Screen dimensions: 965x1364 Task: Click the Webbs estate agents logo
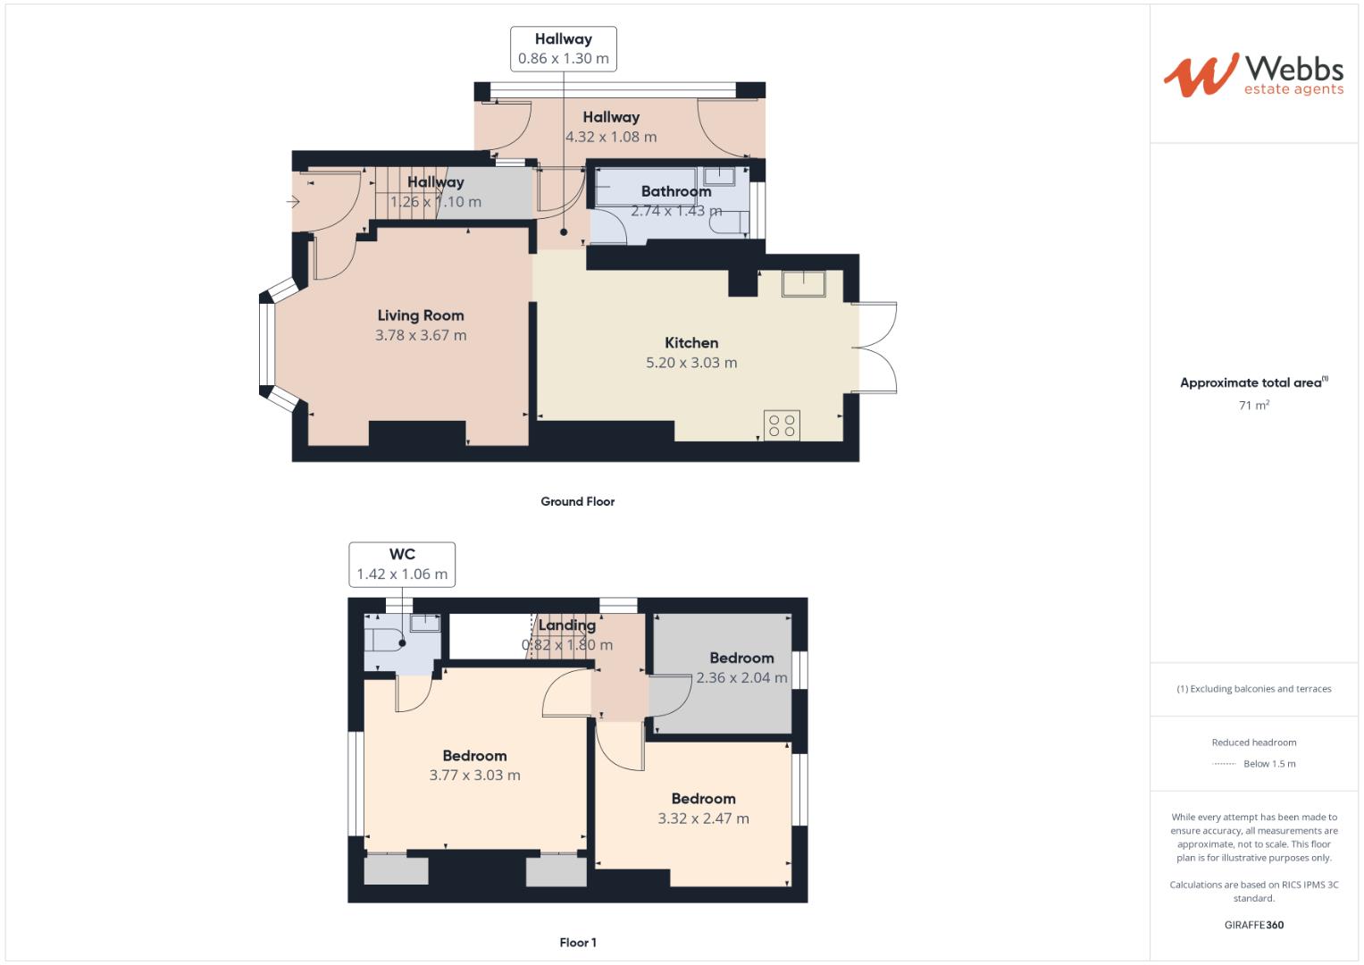click(x=1253, y=75)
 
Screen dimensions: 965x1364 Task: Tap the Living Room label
click(x=421, y=315)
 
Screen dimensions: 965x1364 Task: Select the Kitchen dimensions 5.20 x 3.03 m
click(x=691, y=363)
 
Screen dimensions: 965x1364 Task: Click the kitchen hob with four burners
click(x=782, y=425)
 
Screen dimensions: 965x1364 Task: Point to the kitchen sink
click(x=803, y=283)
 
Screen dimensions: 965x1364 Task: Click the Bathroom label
click(x=676, y=191)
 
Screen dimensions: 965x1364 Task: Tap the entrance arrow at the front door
click(x=293, y=202)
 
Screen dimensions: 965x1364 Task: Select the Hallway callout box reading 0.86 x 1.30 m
click(x=563, y=48)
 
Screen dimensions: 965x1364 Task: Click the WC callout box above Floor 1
click(x=402, y=565)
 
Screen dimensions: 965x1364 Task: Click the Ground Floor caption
click(x=577, y=501)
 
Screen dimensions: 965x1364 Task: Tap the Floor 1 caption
click(x=577, y=942)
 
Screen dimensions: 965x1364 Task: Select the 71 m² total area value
click(x=1253, y=406)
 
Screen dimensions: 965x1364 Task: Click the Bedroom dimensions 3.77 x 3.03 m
click(x=474, y=776)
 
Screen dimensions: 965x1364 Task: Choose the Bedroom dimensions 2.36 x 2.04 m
click(x=741, y=677)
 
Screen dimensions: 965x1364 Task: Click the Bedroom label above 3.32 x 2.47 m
click(x=703, y=799)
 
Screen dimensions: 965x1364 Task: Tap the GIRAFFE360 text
click(x=1253, y=925)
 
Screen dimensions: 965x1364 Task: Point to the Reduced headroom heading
click(x=1253, y=743)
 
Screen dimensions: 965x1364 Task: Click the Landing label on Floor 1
click(x=566, y=625)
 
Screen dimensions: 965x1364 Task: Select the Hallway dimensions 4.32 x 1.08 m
click(x=611, y=137)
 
